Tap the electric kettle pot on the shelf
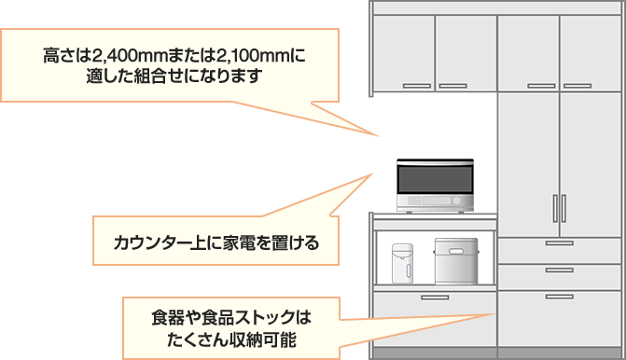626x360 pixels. coord(402,262)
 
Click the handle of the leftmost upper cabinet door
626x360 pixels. coord(416,86)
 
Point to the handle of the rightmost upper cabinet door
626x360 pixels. coord(575,86)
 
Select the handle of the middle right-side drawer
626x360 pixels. coord(559,270)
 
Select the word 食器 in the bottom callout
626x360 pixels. coord(167,313)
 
